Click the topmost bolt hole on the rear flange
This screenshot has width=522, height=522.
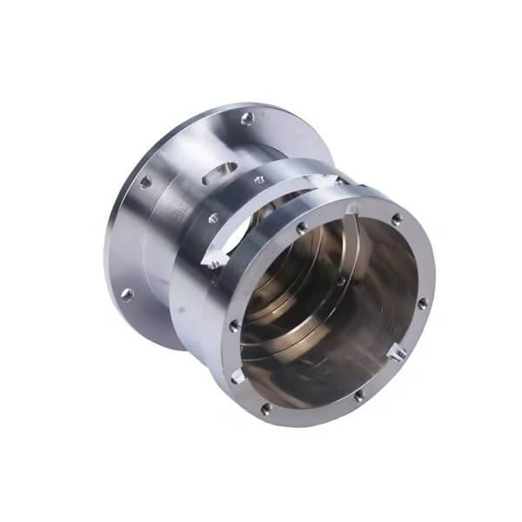247,117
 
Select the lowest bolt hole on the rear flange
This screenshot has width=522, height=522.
127,294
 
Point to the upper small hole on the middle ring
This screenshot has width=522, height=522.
258,180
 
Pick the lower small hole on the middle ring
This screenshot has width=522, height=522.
213,218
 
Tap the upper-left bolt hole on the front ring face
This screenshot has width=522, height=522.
301,228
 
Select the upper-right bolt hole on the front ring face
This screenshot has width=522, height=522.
397,219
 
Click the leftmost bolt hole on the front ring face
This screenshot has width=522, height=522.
234,325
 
